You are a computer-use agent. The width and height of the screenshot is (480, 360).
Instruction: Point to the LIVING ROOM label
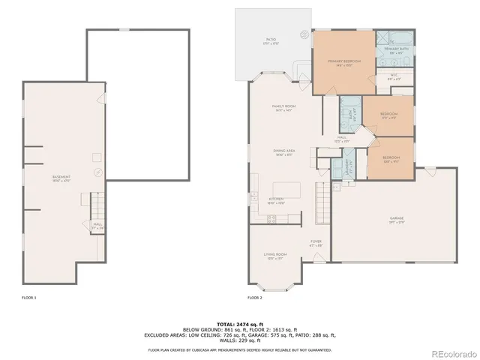click(276, 255)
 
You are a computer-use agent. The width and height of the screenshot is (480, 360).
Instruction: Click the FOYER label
click(316, 242)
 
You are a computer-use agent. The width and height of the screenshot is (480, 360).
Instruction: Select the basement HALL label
click(97, 223)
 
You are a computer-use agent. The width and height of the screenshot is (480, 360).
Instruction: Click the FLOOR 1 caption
click(29, 298)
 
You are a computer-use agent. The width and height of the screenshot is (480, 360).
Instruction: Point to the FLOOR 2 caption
click(255, 298)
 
